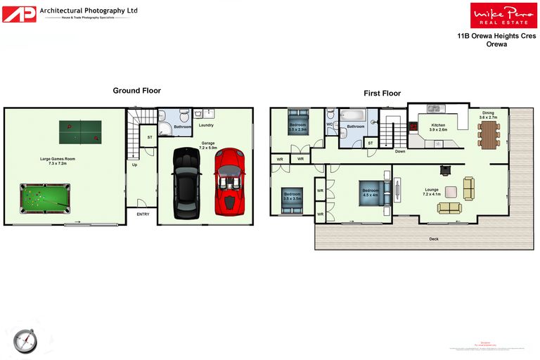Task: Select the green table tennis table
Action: point(80,131)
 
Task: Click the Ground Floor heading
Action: point(136,91)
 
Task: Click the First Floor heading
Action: point(382,94)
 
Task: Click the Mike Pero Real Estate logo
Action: point(494,15)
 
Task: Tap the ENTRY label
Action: point(143,214)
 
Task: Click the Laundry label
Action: point(206,126)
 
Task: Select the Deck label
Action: point(434,239)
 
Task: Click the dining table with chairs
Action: point(489,131)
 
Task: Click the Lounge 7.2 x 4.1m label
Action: point(432,191)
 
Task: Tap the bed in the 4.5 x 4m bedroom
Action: point(371,193)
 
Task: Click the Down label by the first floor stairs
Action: point(399,151)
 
